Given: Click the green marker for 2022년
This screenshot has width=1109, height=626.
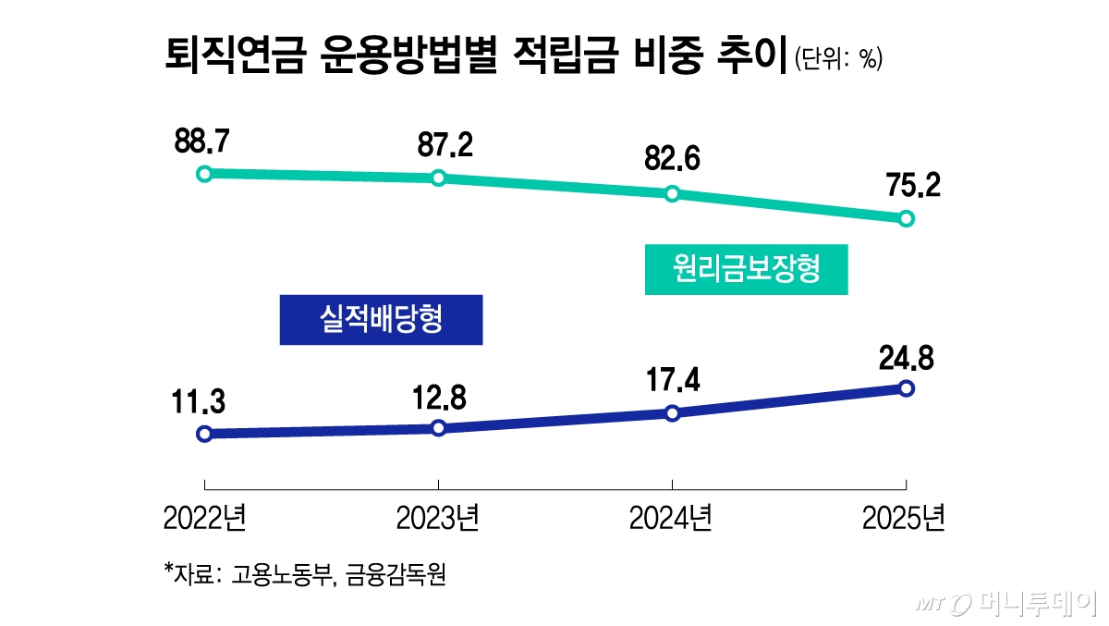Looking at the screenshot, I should [x=205, y=173].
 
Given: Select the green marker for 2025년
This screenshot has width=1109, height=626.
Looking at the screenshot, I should [x=906, y=219].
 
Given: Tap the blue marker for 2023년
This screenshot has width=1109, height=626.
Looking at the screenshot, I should [x=439, y=428].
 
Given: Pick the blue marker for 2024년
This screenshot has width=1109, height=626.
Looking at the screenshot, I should [x=673, y=412].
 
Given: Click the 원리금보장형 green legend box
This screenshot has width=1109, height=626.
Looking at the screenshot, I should [x=746, y=270].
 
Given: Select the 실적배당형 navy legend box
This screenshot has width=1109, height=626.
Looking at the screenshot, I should [x=381, y=320].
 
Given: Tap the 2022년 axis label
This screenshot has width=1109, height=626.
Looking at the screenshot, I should [x=204, y=520].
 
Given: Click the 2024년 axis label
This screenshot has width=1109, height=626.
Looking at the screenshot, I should [x=671, y=520].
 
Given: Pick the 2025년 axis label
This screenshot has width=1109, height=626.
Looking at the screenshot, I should [x=904, y=520].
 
